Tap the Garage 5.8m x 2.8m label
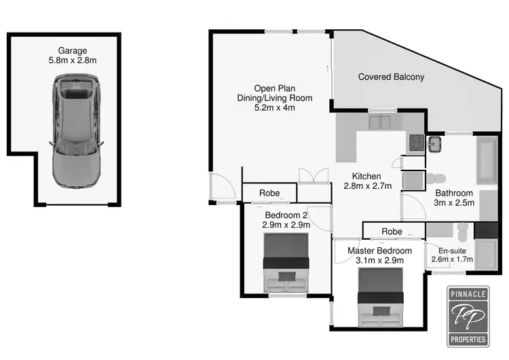click(73, 55)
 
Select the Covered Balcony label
click(391, 77)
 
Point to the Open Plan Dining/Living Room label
click(283, 98)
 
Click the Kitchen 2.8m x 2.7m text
click(368, 181)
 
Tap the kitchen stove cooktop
click(415, 143)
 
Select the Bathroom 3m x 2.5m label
click(454, 197)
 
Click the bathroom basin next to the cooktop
click(434, 144)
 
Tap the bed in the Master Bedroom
click(380, 297)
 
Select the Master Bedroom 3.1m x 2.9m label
click(379, 255)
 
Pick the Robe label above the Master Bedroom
click(392, 232)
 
